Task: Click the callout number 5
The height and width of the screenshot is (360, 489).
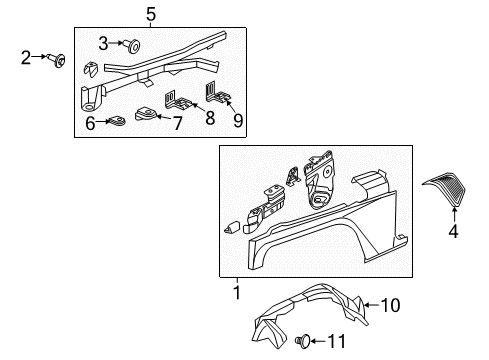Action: (151, 14)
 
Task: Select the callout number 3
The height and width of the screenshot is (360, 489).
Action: (103, 43)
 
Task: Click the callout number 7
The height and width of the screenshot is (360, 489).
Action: (177, 123)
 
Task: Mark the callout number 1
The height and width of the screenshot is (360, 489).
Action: (237, 293)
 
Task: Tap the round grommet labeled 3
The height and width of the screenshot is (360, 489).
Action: (130, 44)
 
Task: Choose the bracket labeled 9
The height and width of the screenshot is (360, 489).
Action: (220, 94)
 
